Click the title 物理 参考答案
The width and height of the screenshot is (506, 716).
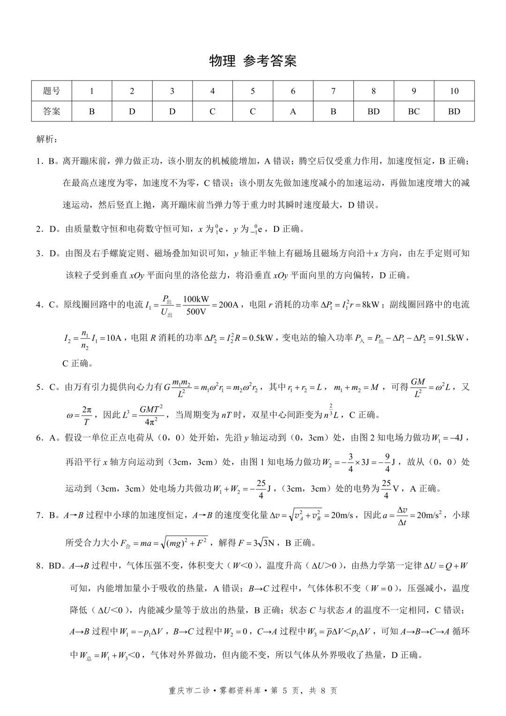[253, 61]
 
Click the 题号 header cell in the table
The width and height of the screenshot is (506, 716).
[52, 91]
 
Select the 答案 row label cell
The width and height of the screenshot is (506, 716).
[52, 112]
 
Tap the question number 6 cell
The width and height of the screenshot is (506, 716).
[293, 91]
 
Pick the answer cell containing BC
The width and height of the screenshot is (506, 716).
[414, 112]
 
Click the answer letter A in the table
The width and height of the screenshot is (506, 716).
[293, 112]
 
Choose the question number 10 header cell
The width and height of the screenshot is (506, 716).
[454, 91]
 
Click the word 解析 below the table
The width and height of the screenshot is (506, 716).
[46, 139]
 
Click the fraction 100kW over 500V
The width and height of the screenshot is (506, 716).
[196, 305]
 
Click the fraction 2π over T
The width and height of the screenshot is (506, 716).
[87, 415]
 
